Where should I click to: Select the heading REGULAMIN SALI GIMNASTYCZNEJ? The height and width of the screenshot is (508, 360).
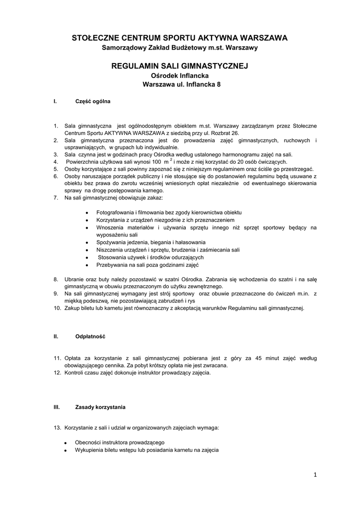tap(180, 65)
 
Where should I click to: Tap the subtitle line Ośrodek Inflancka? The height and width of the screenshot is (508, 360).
tap(179, 75)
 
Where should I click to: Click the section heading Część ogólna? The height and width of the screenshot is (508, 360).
tap(92, 101)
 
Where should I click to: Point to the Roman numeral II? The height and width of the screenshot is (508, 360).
tap(56, 336)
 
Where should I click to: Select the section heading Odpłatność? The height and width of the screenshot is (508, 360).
tap(90, 336)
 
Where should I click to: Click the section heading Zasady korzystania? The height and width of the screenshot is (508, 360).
tap(100, 407)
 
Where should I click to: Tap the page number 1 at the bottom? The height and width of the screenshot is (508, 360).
tap(315, 475)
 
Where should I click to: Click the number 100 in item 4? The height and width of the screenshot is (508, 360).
tap(156, 162)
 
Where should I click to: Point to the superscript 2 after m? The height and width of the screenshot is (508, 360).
tap(171, 159)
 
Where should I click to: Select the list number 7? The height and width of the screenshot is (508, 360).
tap(56, 198)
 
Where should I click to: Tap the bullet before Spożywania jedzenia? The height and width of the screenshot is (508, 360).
tap(87, 242)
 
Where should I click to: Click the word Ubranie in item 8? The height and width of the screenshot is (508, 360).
tap(73, 279)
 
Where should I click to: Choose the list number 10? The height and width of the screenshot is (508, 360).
tap(57, 308)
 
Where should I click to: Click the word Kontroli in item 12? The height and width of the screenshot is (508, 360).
tap(74, 372)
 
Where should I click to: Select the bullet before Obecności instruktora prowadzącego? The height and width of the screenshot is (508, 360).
tap(66, 443)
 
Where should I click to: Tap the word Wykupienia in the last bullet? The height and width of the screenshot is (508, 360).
tap(89, 450)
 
